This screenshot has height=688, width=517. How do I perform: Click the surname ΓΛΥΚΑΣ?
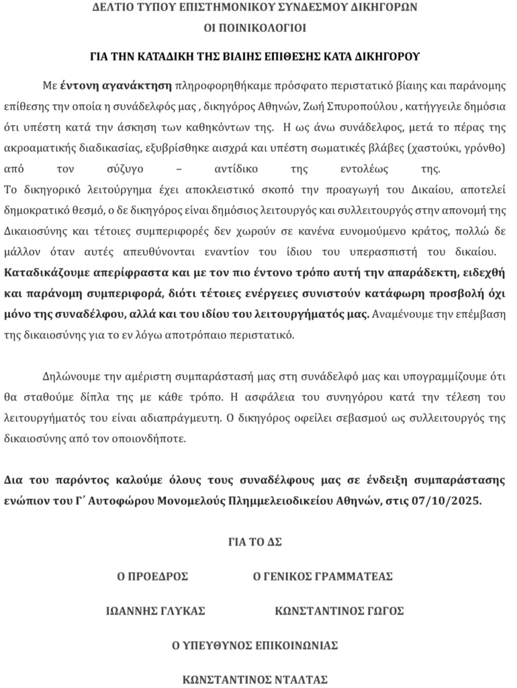(181, 611)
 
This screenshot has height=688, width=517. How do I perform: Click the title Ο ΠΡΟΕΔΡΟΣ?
(152, 576)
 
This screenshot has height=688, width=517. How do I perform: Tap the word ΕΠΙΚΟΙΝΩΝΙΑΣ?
(297, 645)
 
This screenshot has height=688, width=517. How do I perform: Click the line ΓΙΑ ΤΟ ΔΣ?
(255, 542)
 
